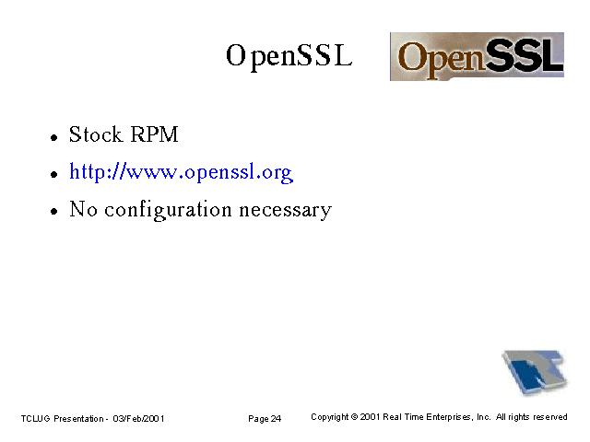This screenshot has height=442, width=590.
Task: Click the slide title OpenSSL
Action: point(289,56)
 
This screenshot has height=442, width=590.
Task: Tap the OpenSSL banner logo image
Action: point(477,56)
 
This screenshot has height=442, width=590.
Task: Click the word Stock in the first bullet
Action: point(96,134)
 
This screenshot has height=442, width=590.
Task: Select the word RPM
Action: point(154,134)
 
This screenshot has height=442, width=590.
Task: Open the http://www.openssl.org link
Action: point(181,172)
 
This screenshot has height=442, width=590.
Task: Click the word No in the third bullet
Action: point(84,209)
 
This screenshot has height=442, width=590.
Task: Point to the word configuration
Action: point(168,210)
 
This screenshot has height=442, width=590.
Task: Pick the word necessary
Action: point(286,211)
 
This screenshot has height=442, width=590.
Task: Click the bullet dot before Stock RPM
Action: point(54,137)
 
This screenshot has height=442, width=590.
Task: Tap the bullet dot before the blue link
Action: point(54,174)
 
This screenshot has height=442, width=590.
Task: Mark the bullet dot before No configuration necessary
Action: point(54,212)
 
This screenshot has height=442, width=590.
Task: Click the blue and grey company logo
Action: point(535,372)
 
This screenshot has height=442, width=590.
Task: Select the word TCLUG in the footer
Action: point(35,419)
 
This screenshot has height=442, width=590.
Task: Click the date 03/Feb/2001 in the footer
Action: point(138,419)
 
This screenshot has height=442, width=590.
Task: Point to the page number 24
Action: point(276,419)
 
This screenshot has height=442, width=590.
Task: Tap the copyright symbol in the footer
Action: point(354,417)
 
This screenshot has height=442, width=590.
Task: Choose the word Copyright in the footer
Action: point(330,417)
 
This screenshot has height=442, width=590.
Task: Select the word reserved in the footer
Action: point(550,417)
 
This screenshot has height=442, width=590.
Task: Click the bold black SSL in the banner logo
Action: point(524,55)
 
